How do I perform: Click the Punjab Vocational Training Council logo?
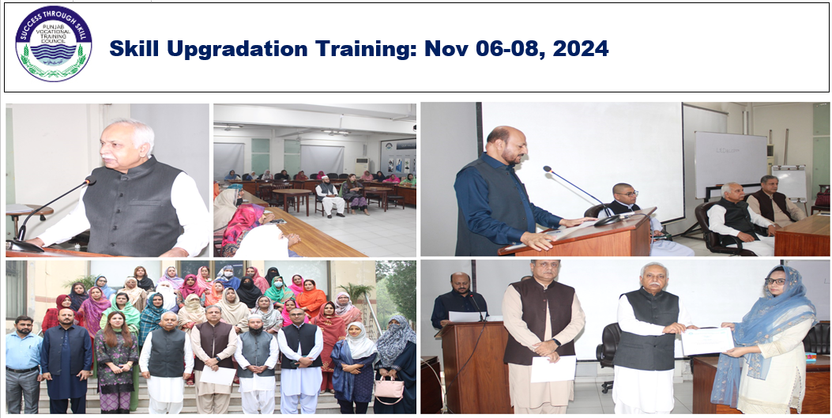point(53,43)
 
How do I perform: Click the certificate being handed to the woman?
point(707,341)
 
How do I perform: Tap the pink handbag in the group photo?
point(389,389)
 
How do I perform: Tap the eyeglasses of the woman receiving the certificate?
point(774,281)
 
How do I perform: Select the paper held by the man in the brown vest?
point(553,368)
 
